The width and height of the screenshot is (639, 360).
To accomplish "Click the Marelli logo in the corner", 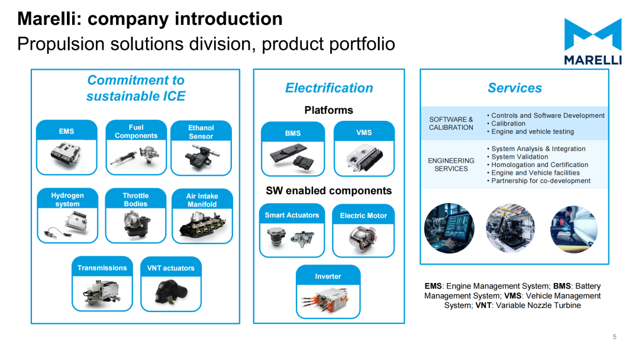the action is (x=593, y=41).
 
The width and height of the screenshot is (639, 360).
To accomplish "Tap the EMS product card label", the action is (x=66, y=131).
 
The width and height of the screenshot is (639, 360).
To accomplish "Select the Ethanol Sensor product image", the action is (x=201, y=157).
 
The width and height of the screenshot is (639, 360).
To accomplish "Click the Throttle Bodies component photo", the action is (x=136, y=225).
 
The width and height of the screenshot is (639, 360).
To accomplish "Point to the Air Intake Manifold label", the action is (x=202, y=200).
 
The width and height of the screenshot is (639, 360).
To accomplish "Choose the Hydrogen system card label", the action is (x=67, y=200).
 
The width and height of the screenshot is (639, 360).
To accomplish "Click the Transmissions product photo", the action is (x=102, y=292).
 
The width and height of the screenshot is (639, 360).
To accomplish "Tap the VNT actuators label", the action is (x=171, y=268).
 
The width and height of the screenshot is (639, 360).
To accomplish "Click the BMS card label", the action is (x=293, y=133).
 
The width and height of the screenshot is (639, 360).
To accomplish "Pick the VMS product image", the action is (x=364, y=158).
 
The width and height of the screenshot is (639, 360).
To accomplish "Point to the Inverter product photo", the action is (x=327, y=301).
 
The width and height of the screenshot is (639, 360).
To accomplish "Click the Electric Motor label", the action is (x=363, y=216).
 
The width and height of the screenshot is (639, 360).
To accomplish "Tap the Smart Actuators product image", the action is (x=291, y=238).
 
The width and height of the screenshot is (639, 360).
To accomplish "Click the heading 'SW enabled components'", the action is (x=329, y=191).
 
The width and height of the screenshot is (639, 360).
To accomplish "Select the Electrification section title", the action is (x=330, y=88).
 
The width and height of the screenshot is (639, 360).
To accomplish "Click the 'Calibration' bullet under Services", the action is (x=508, y=124).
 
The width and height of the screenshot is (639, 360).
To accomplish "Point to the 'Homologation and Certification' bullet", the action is (x=540, y=165).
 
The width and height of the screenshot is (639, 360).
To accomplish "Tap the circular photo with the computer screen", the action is (x=449, y=228).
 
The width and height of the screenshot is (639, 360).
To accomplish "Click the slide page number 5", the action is (x=615, y=337).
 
